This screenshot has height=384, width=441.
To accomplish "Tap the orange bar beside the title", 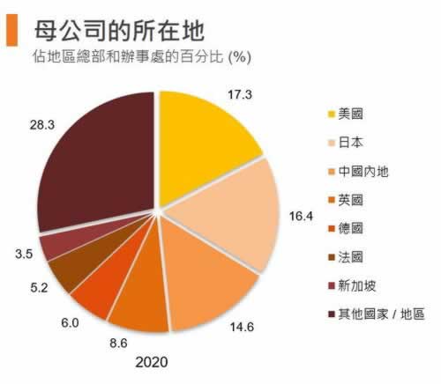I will (13, 31).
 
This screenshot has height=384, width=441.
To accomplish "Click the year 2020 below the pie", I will (151, 361).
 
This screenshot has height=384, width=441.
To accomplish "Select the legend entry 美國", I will (354, 114).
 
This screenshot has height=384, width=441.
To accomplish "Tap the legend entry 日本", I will (354, 143).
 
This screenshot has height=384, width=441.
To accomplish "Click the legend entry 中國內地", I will (362, 171).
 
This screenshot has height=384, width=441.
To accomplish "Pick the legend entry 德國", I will (354, 228).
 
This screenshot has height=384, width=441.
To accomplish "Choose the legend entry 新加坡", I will (357, 285).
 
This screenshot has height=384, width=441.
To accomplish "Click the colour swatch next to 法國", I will (331, 257).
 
